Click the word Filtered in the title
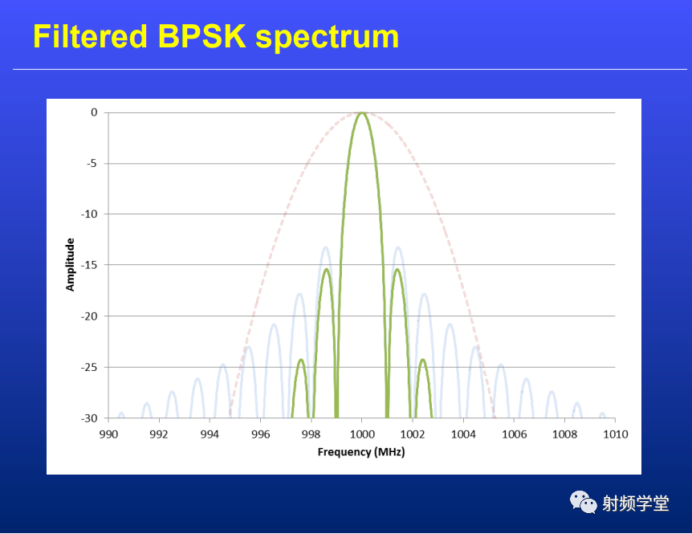point(90,36)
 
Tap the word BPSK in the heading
point(201,36)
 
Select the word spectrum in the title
point(328,38)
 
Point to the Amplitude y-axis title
point(70,265)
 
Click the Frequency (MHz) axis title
point(361,452)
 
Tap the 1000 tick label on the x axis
point(362,434)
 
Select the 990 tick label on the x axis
point(108,434)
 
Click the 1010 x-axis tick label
point(616,434)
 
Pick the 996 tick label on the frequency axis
point(260,434)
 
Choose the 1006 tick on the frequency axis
point(514,434)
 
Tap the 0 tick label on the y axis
point(94,112)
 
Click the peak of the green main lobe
point(362,113)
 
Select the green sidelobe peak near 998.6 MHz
point(327,269)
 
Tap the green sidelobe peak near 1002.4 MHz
point(423,360)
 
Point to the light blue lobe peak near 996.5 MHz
point(274,324)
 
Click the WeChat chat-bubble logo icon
point(583,502)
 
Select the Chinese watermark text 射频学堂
point(636,503)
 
